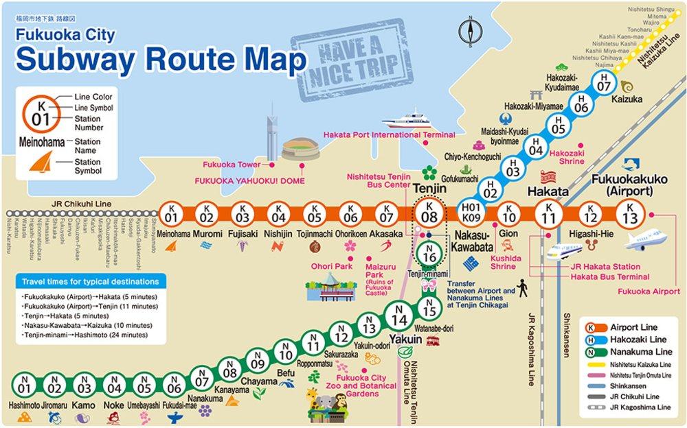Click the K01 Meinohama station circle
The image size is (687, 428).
(172, 215)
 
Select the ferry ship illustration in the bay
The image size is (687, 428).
(409, 121)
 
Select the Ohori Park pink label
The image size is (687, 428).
(332, 266)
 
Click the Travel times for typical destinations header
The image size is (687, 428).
(89, 282)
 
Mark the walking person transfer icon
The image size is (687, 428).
(523, 288)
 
